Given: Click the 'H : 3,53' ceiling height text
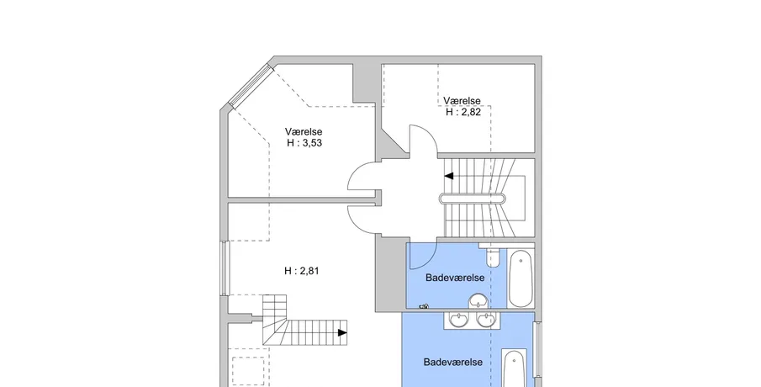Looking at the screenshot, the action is pos(304,143).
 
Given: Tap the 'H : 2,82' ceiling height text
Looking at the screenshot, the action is pos(463,112).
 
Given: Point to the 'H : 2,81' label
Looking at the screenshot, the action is pos(301,271).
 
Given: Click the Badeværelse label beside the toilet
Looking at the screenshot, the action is pos(455,278).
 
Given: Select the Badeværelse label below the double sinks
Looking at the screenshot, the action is pos(452,362).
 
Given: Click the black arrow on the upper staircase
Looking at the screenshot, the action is pos(449,176).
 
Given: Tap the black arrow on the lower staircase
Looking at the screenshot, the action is pos(342,332).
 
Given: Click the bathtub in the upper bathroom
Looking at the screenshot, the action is pos(521,278).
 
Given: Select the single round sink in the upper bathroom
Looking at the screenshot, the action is pos(479,301).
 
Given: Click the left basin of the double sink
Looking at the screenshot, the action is pos(458,320).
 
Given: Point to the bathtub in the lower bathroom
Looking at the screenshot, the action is pos(515,369).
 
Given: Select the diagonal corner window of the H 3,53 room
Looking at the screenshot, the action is pos(250,86).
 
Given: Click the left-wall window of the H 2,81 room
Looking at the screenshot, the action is pos(224,268).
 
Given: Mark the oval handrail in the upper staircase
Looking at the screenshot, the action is pos(473,198).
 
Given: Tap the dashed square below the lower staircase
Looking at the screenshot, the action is pos(248,372).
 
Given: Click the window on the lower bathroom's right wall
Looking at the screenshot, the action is pos(537,349).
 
